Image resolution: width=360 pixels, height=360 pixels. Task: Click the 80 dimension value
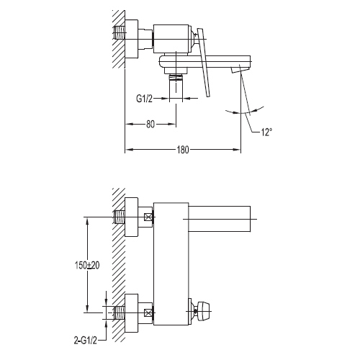(150, 124)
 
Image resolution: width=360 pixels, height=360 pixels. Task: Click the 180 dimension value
(183, 150)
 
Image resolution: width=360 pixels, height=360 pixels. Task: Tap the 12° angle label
(266, 132)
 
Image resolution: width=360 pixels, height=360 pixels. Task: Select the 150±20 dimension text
(87, 266)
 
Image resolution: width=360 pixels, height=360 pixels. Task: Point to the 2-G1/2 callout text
(85, 341)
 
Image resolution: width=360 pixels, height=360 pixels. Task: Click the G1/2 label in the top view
(144, 99)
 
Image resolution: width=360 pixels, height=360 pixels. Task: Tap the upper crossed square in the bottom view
(148, 218)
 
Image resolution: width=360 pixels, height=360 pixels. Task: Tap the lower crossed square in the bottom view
(148, 312)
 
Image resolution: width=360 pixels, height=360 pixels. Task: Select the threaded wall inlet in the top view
(119, 32)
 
